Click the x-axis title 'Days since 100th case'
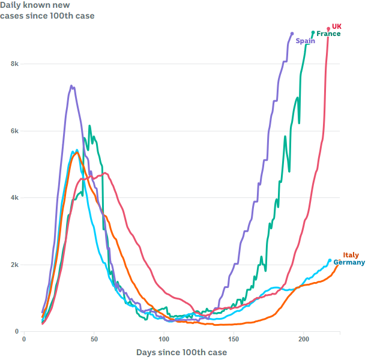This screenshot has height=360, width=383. coord(181,352)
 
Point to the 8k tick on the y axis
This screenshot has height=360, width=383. coord(15,64)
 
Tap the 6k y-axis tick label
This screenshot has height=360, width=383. coord(15,131)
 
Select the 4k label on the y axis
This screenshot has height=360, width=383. coord(15,197)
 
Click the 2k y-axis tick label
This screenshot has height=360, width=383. coord(15,265)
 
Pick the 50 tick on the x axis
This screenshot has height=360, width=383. coord(94,339)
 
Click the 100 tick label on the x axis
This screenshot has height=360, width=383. coord(164,339)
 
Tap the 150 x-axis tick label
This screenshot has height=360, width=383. coord(235,339)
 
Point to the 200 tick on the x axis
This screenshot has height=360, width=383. coord(304,339)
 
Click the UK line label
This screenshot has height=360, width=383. coord(337,26)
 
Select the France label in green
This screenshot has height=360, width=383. coord(328,34)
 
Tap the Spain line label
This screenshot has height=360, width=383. coord(305,41)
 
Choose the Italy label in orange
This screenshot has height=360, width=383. coord(351,255)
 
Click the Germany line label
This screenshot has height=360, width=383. coord(349,262)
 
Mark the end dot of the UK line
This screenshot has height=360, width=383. coord(328,28)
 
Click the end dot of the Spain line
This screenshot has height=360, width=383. coord(292,34)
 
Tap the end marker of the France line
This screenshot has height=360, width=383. coord(313,32)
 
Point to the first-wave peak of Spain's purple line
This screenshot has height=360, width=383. coord(71,86)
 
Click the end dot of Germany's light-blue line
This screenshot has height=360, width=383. coord(330,260)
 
